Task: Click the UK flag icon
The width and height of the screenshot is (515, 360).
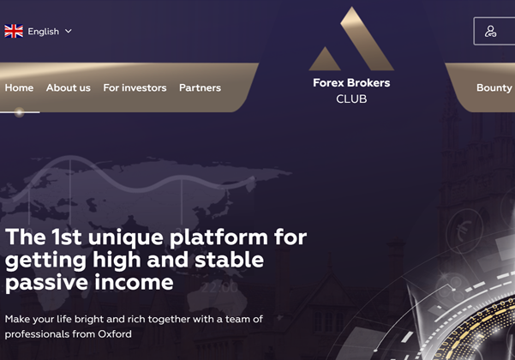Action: coord(14,31)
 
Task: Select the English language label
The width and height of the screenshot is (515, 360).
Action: coord(44,32)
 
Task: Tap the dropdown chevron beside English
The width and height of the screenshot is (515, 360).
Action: coord(69,31)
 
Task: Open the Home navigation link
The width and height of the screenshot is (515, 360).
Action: coord(19,87)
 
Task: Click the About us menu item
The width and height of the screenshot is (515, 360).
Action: coord(69,87)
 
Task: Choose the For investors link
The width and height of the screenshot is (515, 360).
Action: coord(135,87)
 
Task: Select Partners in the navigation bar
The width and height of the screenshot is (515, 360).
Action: coord(200,87)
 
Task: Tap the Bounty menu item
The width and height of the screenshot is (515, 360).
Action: coord(494,87)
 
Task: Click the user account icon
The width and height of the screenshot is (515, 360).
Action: coord(491,32)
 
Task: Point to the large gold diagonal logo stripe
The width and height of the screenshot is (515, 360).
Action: coord(368,39)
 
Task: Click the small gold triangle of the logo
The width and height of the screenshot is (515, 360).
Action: coord(325,59)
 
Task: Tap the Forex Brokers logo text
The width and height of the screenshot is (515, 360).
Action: coord(351,83)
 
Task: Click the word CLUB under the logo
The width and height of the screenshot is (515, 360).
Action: coord(351,99)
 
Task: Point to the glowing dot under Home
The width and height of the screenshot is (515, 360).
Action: coord(20,112)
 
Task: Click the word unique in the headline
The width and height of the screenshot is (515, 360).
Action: coord(126,237)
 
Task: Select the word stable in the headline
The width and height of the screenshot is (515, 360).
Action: coord(230,260)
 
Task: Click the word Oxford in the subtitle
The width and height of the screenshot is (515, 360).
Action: coord(115,334)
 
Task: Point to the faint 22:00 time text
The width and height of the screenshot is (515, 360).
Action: coord(219,288)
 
